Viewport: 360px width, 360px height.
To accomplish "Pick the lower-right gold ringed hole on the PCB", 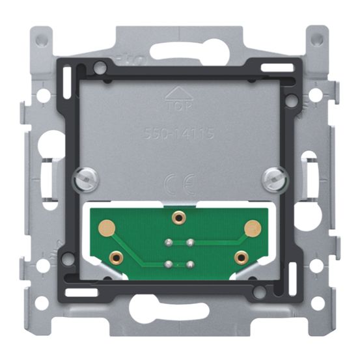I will pos(241,256).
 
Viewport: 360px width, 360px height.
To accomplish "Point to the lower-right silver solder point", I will pos(191,264).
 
